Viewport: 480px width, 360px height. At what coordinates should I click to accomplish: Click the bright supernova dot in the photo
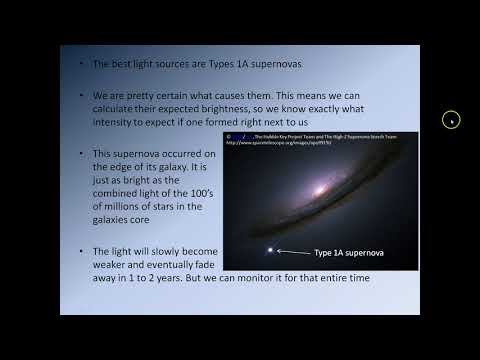(x=267, y=251)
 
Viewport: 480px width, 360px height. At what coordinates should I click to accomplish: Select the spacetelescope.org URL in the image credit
(x=283, y=141)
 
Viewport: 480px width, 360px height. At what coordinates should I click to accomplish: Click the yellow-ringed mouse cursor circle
(x=451, y=121)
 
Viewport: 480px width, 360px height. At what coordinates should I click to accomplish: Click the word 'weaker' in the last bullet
(x=112, y=264)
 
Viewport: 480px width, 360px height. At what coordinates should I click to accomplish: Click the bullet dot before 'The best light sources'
(x=81, y=65)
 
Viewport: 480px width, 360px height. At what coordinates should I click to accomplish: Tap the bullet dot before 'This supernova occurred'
(x=81, y=152)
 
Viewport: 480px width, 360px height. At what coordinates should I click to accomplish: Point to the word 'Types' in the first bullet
(x=191, y=65)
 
